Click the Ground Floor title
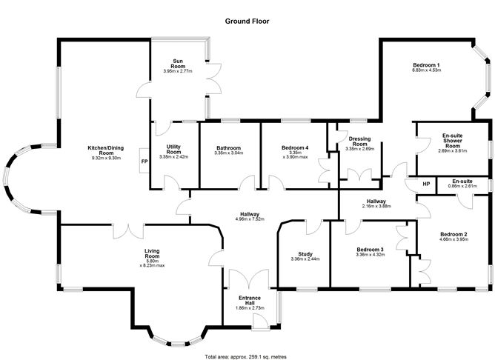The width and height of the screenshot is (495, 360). [x=247, y=21]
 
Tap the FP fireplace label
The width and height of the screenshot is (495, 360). [x=144, y=161]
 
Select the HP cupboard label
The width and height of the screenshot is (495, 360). [x=426, y=184]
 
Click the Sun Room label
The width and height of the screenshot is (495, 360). [x=178, y=64]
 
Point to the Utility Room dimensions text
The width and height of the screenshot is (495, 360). [x=173, y=156]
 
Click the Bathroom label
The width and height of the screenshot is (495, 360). [x=228, y=148]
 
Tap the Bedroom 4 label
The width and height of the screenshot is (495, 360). [x=295, y=147]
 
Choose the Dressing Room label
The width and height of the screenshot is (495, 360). [x=359, y=141]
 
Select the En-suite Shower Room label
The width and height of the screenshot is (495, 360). [x=452, y=141]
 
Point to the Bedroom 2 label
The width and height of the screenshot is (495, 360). [x=454, y=234]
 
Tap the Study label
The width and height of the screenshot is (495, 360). [x=305, y=254]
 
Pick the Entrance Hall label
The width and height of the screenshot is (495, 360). [x=250, y=300]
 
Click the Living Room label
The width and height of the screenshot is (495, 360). [x=152, y=253]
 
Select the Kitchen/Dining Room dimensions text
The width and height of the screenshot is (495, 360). [x=107, y=158]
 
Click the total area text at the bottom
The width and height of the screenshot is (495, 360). [x=246, y=357]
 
